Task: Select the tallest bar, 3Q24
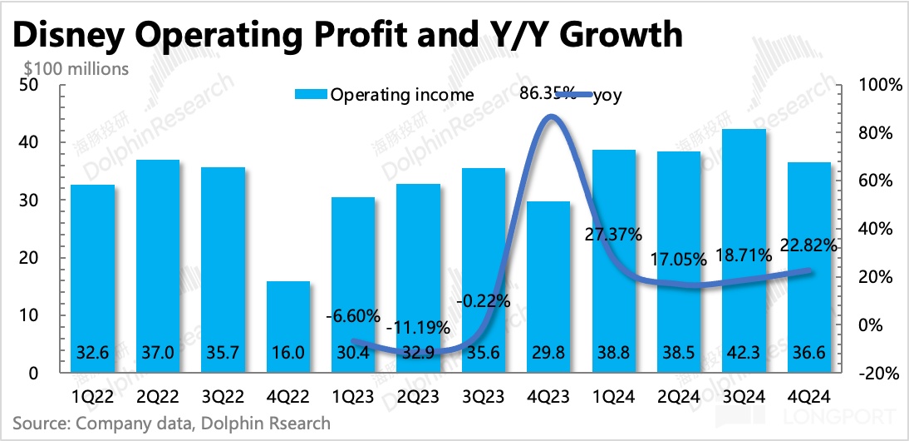[744, 250]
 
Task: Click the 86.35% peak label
[548, 92]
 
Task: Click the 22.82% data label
[808, 245]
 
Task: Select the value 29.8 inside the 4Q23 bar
[548, 352]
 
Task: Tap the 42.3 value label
[744, 352]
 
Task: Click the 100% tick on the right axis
[873, 85]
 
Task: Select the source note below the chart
[171, 424]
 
